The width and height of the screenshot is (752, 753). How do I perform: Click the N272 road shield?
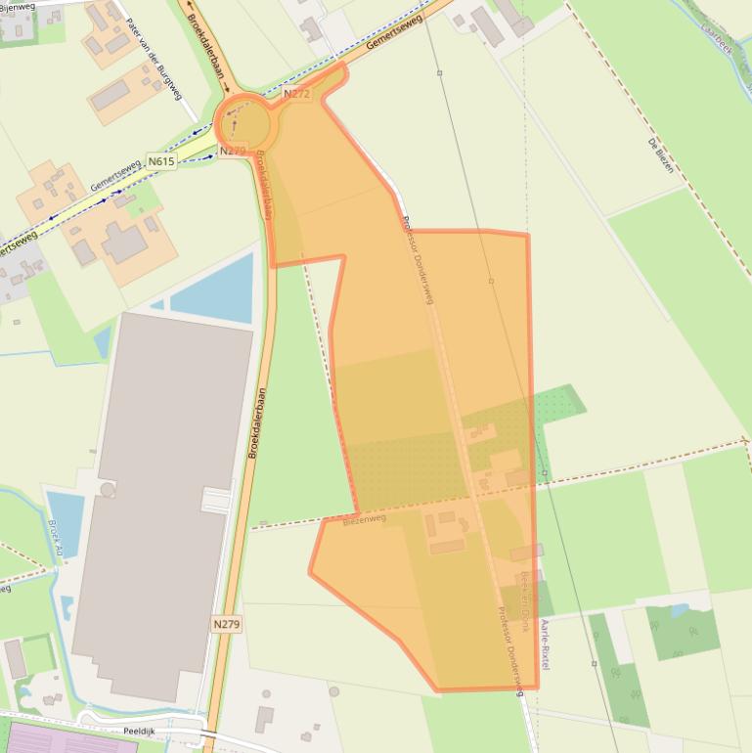[296, 94]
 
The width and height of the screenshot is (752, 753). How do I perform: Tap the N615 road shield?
[161, 161]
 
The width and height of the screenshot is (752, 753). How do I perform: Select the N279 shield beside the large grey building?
[226, 623]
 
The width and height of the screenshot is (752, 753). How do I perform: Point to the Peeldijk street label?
[140, 731]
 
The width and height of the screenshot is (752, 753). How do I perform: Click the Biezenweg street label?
[364, 519]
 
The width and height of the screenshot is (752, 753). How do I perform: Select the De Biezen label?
[661, 155]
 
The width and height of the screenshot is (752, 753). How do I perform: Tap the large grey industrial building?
[161, 499]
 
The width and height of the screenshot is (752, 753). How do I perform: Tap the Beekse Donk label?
[525, 602]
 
